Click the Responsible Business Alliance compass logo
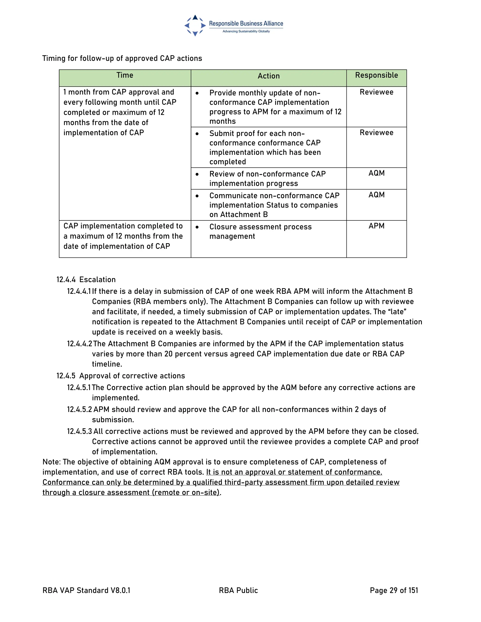point(195,25)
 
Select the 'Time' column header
point(125,75)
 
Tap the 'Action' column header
point(268,76)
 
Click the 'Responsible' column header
point(376,75)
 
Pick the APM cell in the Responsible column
point(376,226)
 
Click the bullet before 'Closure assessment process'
point(197,227)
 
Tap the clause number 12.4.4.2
point(80,344)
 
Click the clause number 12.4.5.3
point(80,431)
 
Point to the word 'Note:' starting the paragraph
point(52,462)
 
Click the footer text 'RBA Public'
point(238,590)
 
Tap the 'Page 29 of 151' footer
point(394,590)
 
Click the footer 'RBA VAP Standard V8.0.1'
point(86,590)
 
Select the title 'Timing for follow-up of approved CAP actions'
point(122,58)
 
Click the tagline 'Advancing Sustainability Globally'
point(246,31)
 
